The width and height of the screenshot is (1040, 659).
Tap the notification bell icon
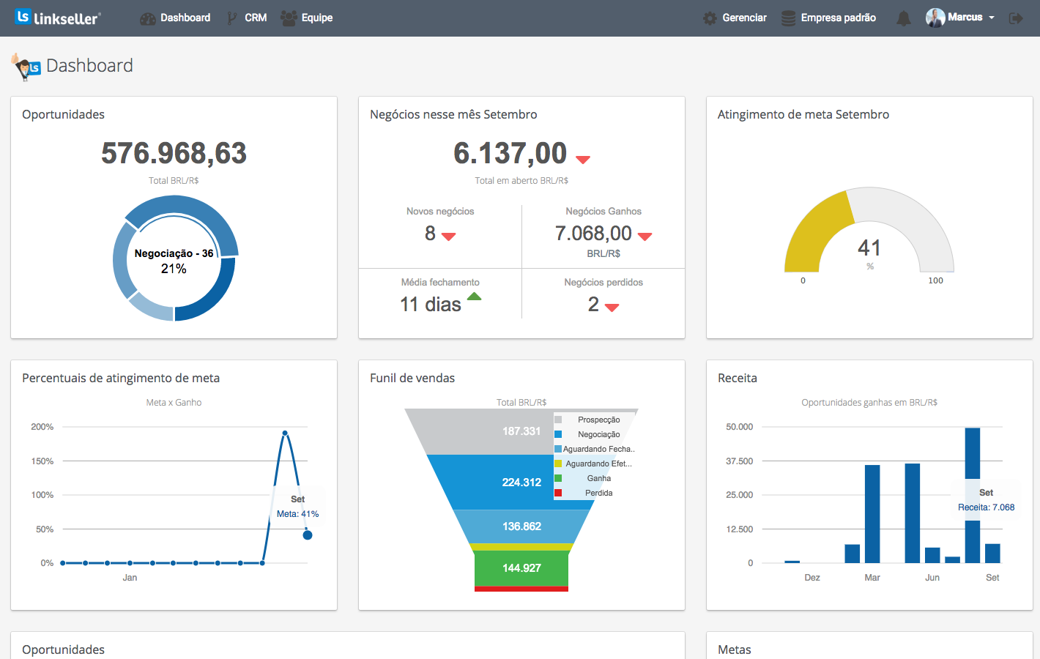pos(904,18)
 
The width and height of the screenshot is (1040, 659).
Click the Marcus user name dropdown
pos(965,18)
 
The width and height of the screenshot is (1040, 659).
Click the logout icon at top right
pos(1016,18)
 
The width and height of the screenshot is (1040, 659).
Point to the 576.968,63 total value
pos(174,153)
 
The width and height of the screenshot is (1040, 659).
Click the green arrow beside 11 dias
pos(475,297)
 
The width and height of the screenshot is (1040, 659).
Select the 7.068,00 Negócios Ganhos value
pos(593,233)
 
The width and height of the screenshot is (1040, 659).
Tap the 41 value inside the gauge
pos(869,247)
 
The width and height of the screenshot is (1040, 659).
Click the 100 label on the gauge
pos(935,280)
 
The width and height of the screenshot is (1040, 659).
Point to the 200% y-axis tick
pos(42,427)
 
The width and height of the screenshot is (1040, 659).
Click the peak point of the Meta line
pos(285,433)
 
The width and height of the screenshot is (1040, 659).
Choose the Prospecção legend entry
pos(598,420)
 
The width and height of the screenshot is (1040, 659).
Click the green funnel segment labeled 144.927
pos(521,568)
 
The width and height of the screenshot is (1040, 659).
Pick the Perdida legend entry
pos(598,493)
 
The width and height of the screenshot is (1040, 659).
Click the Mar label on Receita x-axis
pos(872,578)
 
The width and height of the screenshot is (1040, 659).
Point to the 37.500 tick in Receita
pos(739,461)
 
